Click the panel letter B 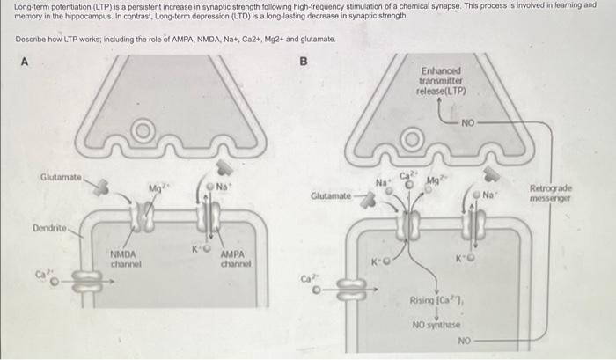(x=304, y=62)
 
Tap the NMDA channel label (x=127, y=260)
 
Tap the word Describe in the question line (x=33, y=41)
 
